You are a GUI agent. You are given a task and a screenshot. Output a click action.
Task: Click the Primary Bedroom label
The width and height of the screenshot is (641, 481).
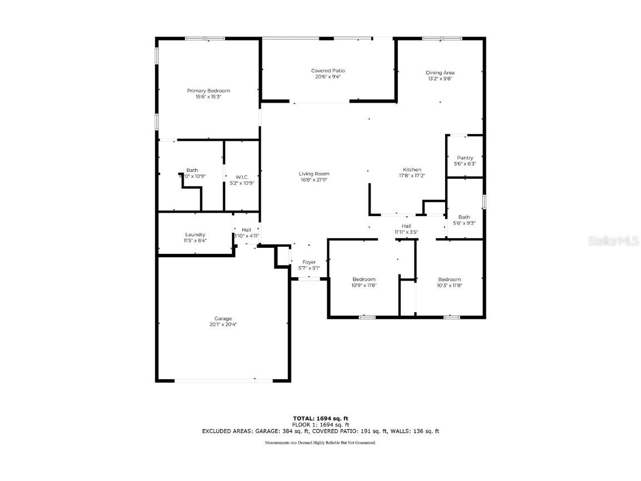point(208,91)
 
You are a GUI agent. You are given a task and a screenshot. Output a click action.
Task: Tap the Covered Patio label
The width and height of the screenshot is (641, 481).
point(328,71)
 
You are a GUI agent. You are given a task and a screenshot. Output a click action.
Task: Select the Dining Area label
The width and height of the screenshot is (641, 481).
point(440,73)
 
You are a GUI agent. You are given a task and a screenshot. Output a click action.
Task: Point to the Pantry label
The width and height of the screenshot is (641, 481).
point(465,158)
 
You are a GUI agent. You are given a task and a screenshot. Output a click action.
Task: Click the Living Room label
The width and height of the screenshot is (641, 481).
point(314,174)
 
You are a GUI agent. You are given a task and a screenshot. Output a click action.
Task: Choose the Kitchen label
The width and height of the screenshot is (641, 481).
point(412,170)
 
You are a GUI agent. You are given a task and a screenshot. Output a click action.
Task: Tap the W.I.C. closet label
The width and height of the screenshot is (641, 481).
point(241,177)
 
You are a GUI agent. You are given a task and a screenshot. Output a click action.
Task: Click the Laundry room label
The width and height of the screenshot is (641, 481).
point(195,234)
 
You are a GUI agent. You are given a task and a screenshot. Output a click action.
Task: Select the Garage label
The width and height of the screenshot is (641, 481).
point(223,318)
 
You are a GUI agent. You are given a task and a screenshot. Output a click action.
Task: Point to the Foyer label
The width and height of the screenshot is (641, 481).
point(309,262)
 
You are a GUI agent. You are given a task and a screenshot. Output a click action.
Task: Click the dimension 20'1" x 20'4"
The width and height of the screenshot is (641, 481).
point(223,324)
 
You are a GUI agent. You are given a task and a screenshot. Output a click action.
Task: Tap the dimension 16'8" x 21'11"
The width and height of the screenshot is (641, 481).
point(314,180)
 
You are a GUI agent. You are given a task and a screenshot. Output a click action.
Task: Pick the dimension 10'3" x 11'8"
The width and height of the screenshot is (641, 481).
point(449,285)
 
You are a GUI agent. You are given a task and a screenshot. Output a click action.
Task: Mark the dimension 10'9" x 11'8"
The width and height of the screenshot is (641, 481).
point(364,285)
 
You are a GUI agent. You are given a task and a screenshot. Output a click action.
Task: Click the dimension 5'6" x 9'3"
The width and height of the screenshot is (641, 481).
point(464,223)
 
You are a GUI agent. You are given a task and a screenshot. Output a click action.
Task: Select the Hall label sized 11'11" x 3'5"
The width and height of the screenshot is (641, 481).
point(406,226)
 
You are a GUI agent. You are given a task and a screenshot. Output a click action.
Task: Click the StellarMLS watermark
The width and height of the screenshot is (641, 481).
point(614,241)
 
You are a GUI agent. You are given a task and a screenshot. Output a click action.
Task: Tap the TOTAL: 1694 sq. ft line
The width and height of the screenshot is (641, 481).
point(320,418)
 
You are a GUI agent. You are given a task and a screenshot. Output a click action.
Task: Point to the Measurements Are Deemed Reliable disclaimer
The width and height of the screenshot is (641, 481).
point(320,443)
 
